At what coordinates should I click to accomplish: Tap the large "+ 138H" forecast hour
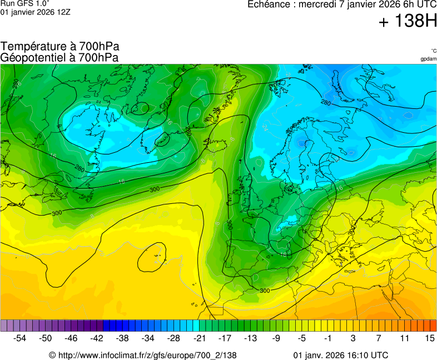point(407,22)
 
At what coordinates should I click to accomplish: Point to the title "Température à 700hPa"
point(60,47)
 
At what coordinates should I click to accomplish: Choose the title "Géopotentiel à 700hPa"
point(59,57)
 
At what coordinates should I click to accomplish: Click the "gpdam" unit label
point(428,59)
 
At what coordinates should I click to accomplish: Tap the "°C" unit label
point(433,51)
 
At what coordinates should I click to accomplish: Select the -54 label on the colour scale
point(20,338)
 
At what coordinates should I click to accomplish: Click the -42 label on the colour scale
point(97,338)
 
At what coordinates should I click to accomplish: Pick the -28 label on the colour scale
point(174,338)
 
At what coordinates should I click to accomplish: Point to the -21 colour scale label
point(200,338)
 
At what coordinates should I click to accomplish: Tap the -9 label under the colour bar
point(276,338)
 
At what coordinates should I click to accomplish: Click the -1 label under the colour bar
point(327,338)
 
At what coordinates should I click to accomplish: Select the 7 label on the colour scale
point(379,338)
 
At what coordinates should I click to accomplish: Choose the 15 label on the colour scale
point(430,338)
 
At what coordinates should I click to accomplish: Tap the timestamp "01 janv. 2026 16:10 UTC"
point(340,355)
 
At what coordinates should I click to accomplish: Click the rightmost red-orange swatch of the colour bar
point(433,326)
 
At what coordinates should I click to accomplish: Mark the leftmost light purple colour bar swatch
point(4,326)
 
